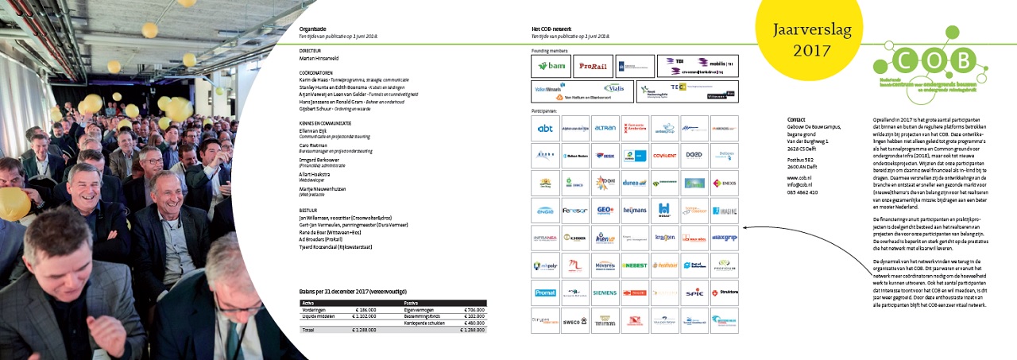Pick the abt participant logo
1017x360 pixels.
point(545,128)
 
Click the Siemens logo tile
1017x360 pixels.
point(605,292)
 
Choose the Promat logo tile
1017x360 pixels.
point(545,292)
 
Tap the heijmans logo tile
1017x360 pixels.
point(634,210)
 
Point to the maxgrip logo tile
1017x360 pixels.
point(723,237)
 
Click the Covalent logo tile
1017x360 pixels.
point(664,156)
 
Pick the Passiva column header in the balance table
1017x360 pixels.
point(412,303)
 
